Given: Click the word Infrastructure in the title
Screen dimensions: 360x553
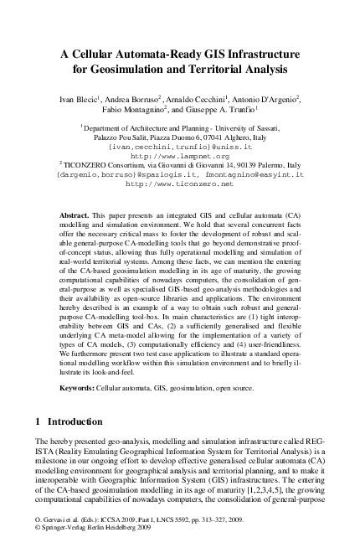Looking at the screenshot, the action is pyautogui.click(x=258, y=50).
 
